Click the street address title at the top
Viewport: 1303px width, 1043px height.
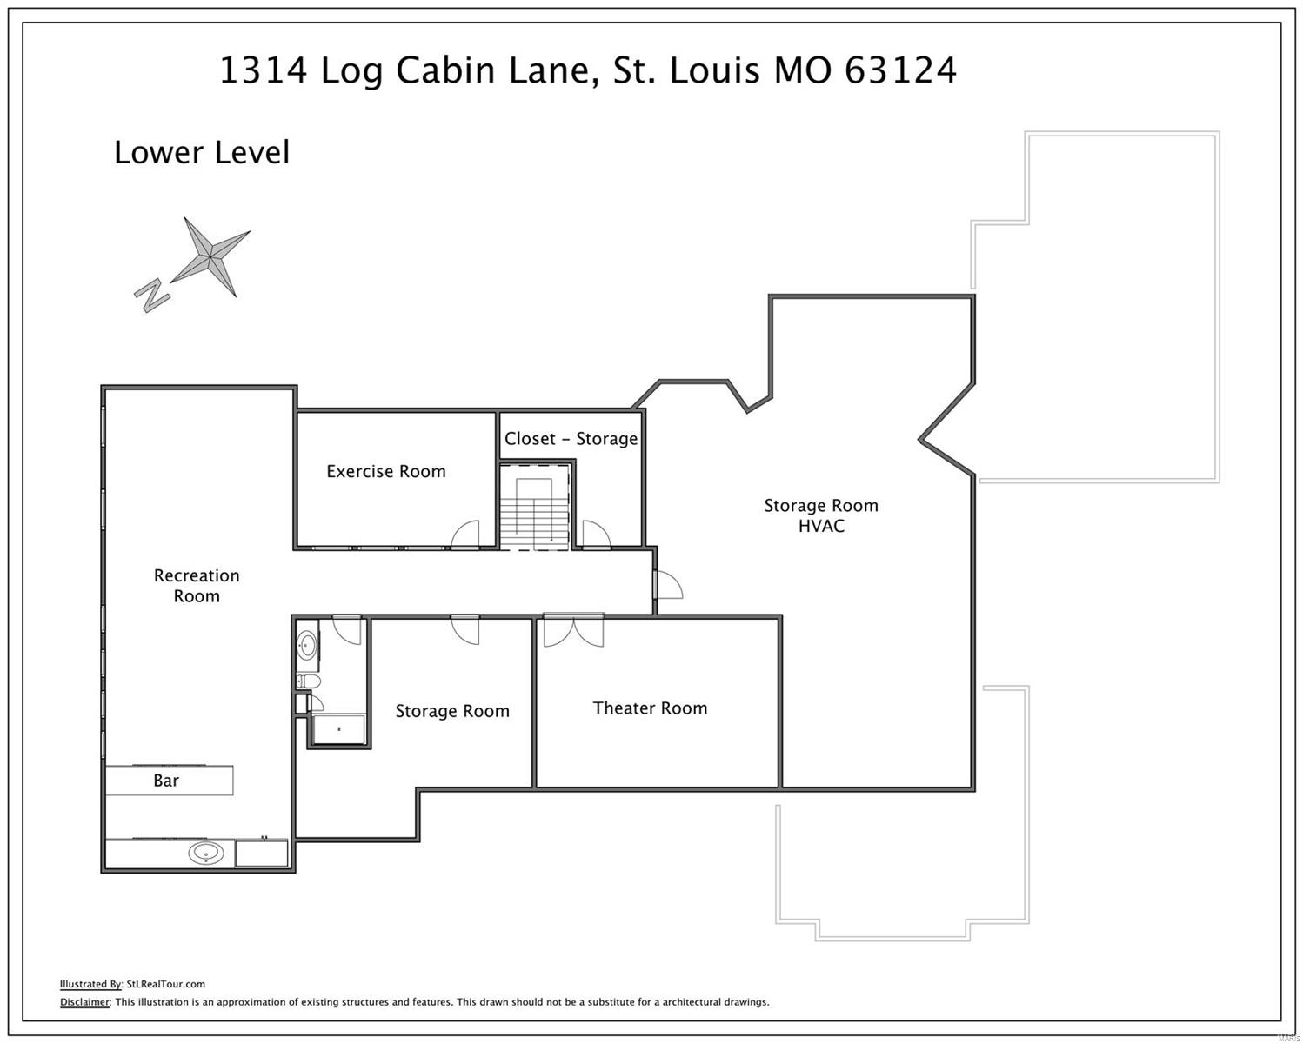coord(588,70)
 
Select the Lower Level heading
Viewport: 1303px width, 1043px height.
coord(202,153)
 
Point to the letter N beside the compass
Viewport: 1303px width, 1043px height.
coord(152,296)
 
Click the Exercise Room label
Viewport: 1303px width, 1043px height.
coord(385,471)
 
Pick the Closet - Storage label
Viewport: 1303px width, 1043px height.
coord(571,439)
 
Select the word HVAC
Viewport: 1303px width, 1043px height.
coord(821,527)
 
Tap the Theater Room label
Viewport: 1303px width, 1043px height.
coord(650,708)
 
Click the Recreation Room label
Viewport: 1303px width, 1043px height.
coord(197,586)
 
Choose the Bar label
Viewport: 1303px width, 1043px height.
coord(166,781)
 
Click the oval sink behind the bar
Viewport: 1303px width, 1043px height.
coord(206,854)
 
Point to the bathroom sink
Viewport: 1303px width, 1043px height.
coord(307,645)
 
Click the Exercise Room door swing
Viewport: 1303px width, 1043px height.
coord(466,535)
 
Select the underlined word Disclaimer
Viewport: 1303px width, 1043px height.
coord(84,1002)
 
